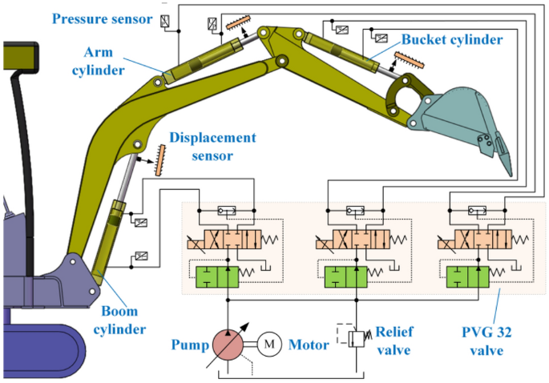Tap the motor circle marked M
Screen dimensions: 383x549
tap(269, 345)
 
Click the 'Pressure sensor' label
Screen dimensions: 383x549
tap(102, 17)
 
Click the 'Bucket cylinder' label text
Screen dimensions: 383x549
tap(453, 38)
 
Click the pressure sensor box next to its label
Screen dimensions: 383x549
tap(165, 21)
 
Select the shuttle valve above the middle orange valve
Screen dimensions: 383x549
tap(355, 212)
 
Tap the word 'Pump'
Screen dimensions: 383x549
tap(188, 346)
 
